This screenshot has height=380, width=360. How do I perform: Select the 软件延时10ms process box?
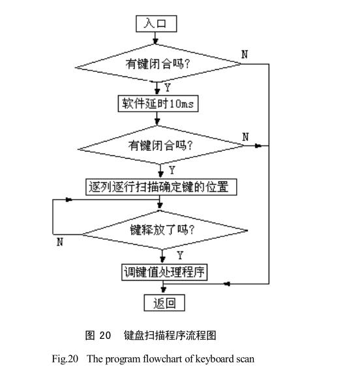[x=158, y=104]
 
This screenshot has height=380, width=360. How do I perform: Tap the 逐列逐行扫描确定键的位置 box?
[x=160, y=187]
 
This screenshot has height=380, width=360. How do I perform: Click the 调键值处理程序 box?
[x=164, y=272]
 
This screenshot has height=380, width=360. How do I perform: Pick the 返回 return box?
[x=164, y=303]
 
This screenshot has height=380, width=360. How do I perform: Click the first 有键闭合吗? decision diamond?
[x=158, y=65]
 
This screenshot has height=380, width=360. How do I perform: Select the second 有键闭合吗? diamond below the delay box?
[x=160, y=146]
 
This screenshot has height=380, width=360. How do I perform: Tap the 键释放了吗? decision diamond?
[x=164, y=230]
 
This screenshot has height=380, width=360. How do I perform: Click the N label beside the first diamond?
[x=245, y=55]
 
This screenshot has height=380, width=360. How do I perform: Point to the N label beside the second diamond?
[x=245, y=136]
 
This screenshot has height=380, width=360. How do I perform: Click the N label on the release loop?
[x=59, y=242]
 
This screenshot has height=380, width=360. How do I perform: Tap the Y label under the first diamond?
[x=168, y=87]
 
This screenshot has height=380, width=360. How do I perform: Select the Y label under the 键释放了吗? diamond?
[x=180, y=253]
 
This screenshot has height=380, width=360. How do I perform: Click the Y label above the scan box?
[x=172, y=170]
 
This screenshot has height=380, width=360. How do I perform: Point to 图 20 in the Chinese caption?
[x=98, y=336]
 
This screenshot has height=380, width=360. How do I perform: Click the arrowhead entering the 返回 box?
[x=163, y=291]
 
